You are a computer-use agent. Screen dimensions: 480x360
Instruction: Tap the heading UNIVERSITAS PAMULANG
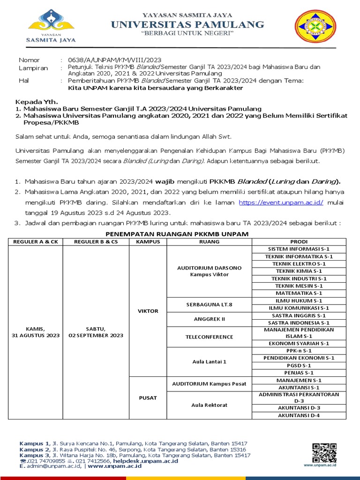click(x=180, y=24)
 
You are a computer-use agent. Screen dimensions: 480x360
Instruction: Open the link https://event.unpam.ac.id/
click(x=274, y=202)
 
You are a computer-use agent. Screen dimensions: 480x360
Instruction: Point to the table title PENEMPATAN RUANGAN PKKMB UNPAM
click(x=177, y=234)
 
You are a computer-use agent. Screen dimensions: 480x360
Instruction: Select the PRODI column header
click(x=299, y=241)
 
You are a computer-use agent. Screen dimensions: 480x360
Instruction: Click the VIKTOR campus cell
click(x=147, y=311)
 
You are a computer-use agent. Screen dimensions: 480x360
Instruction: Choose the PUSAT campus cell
click(x=147, y=398)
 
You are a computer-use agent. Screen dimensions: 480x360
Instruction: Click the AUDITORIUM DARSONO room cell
click(x=209, y=271)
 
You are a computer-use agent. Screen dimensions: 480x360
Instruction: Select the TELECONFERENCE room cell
click(x=209, y=337)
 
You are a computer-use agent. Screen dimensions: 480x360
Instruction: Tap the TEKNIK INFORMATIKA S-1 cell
click(x=299, y=256)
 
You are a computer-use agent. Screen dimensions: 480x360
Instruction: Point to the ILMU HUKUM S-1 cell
click(x=299, y=300)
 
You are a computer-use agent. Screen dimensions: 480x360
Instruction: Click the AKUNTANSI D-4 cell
click(x=299, y=415)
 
